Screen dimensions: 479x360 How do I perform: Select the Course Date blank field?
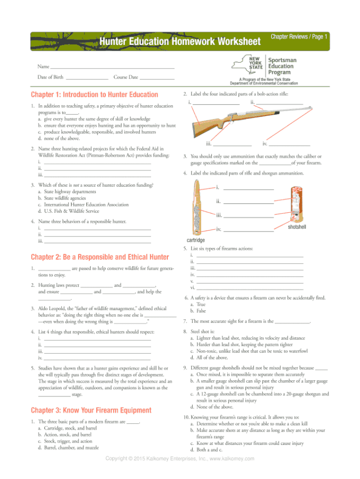(x=157, y=78)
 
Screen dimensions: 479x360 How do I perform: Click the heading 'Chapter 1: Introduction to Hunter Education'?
(x=94, y=95)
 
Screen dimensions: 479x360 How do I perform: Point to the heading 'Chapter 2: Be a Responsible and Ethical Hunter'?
(x=100, y=257)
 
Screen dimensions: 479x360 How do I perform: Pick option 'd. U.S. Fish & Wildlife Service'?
(x=72, y=211)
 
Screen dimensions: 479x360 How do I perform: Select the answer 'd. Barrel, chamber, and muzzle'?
(x=71, y=448)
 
